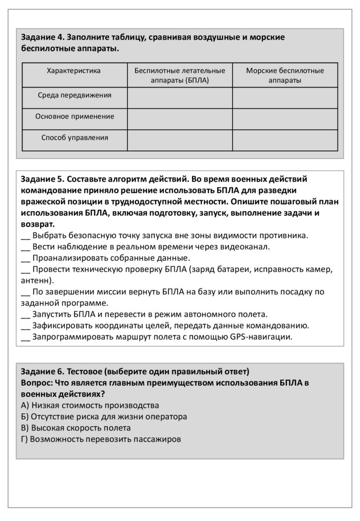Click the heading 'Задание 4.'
pyautogui.click(x=43, y=38)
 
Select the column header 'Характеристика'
pyautogui.click(x=74, y=71)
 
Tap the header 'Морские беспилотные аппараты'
pyautogui.click(x=285, y=75)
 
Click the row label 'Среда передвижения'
pyautogui.click(x=74, y=95)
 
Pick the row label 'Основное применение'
pyautogui.click(x=74, y=117)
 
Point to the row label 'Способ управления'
pyautogui.click(x=74, y=137)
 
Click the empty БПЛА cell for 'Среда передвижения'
pyautogui.click(x=179, y=98)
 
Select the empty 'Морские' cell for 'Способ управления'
pyautogui.click(x=285, y=140)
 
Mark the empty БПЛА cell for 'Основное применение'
pyautogui.click(x=179, y=119)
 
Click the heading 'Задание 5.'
pyautogui.click(x=43, y=179)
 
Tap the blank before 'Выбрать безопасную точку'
pyautogui.click(x=25, y=236)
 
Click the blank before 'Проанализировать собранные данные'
pyautogui.click(x=25, y=258)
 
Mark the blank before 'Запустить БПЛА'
pyautogui.click(x=25, y=314)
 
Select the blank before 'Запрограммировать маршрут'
pyautogui.click(x=25, y=337)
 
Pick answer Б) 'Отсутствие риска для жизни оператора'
pyautogui.click(x=104, y=417)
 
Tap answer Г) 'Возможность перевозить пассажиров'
pyautogui.click(x=101, y=439)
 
